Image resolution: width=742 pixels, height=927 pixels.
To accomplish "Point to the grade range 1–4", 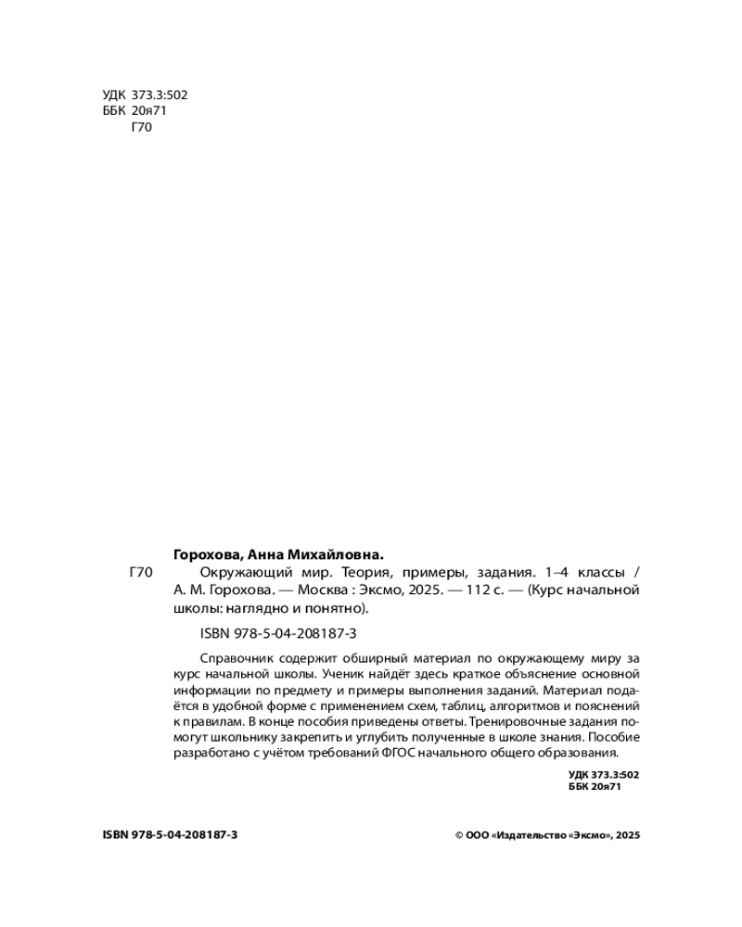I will click(x=560, y=572).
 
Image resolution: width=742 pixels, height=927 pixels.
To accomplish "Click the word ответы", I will click(x=439, y=721).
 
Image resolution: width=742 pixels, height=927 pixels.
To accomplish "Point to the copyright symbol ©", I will click(x=459, y=835).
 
